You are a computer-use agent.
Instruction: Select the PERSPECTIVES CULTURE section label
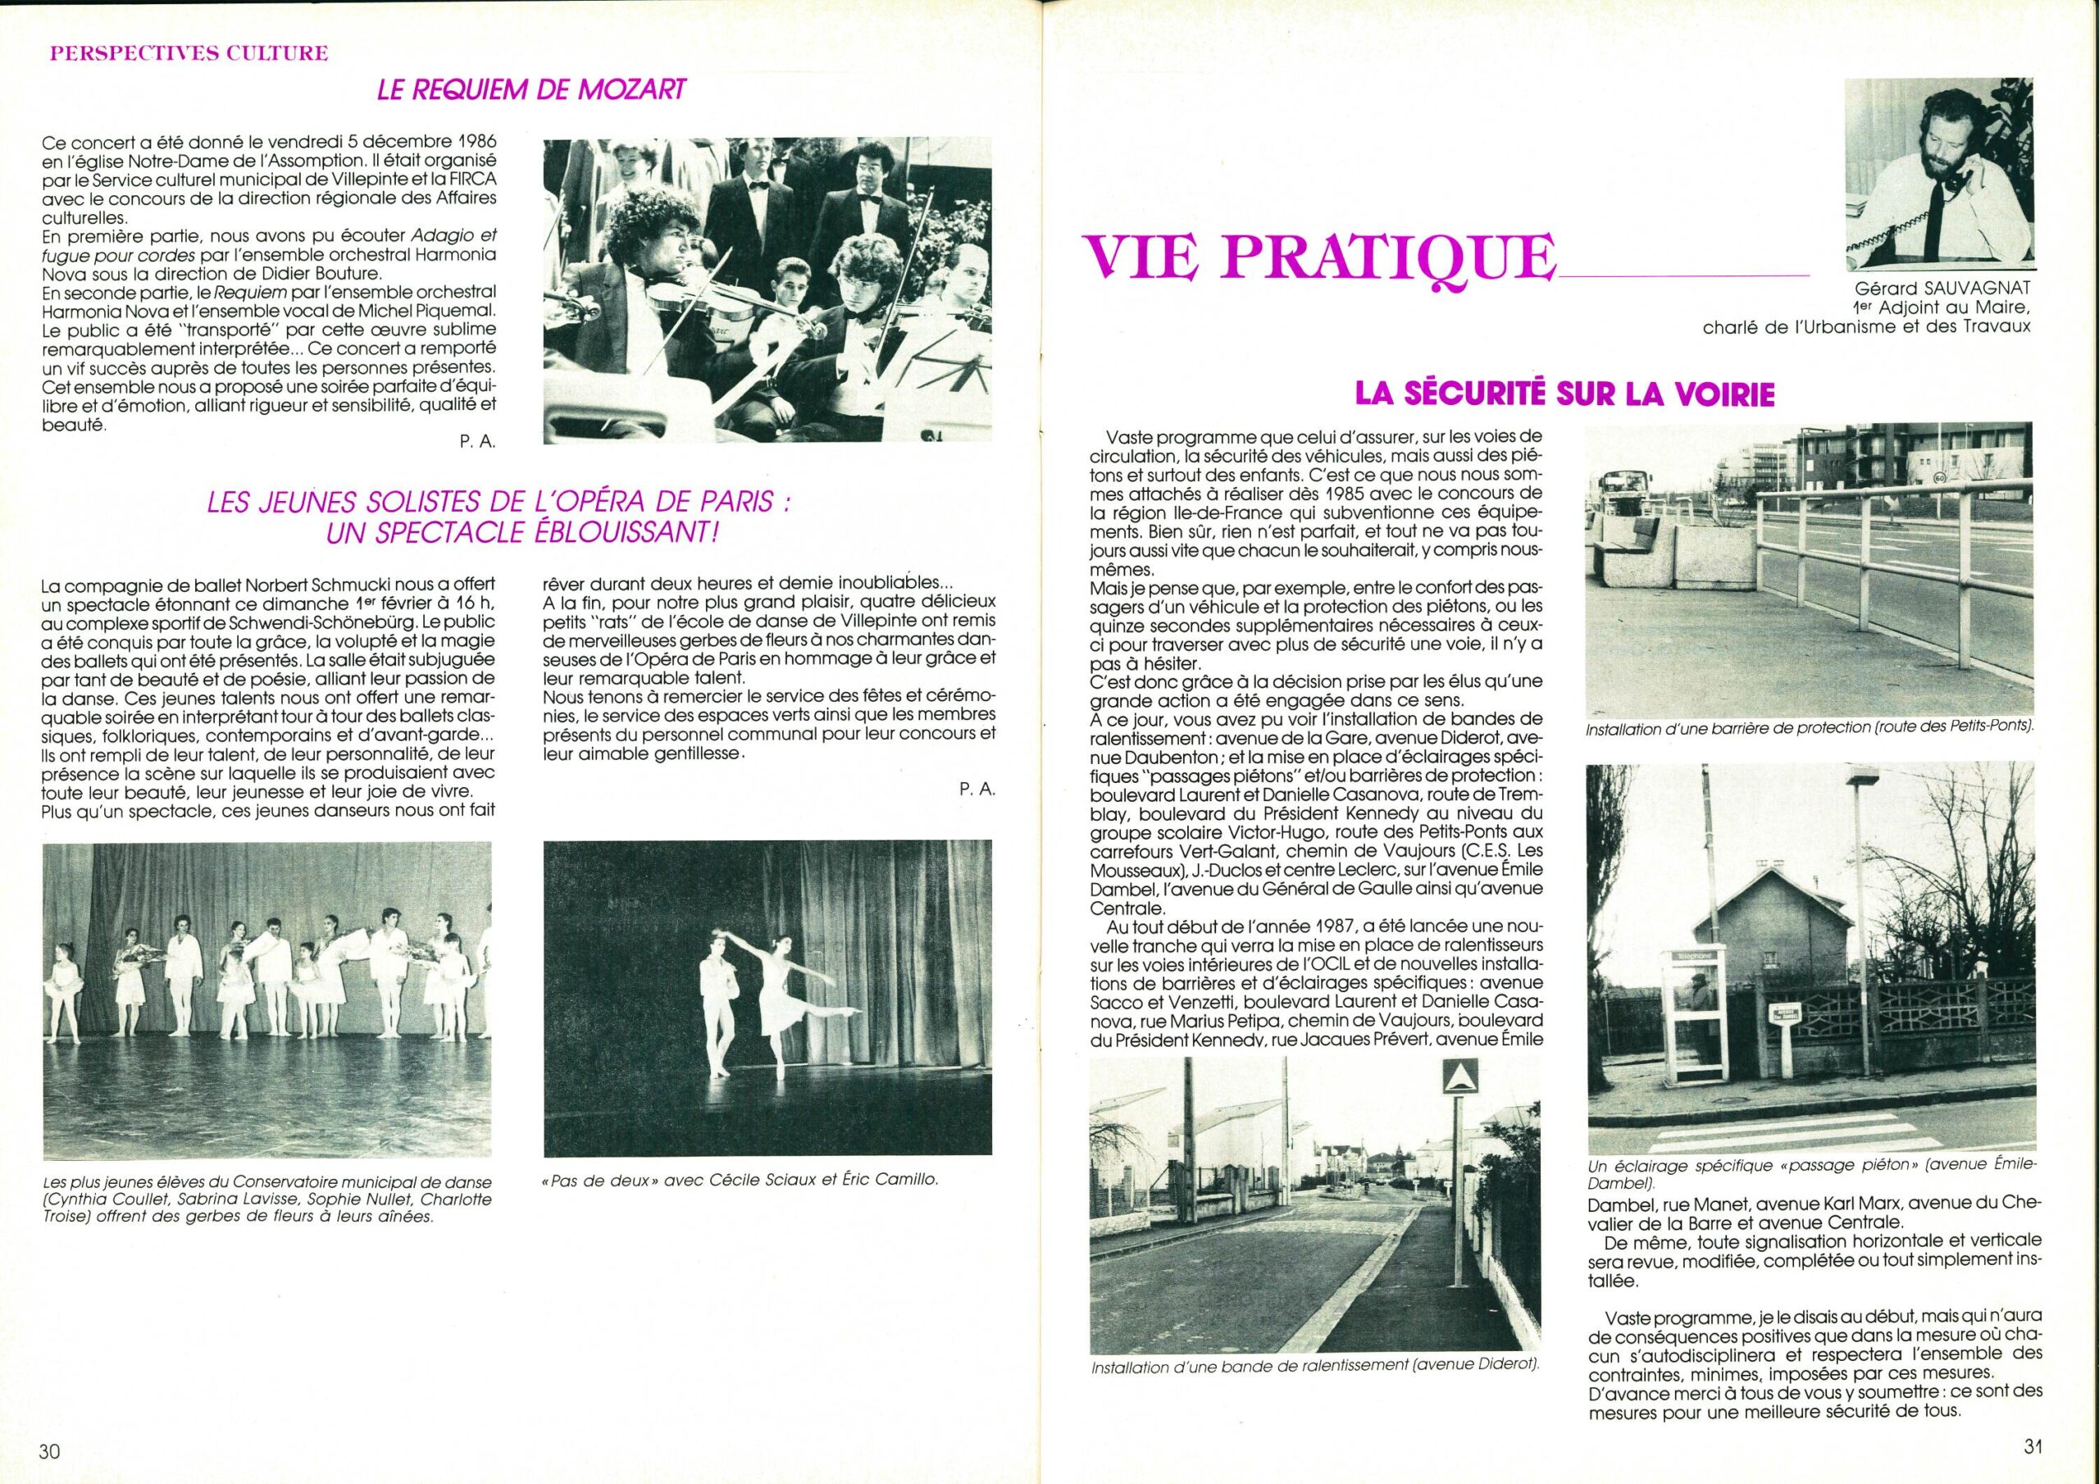(x=188, y=52)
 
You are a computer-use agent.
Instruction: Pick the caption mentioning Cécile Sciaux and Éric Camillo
(x=740, y=1180)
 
